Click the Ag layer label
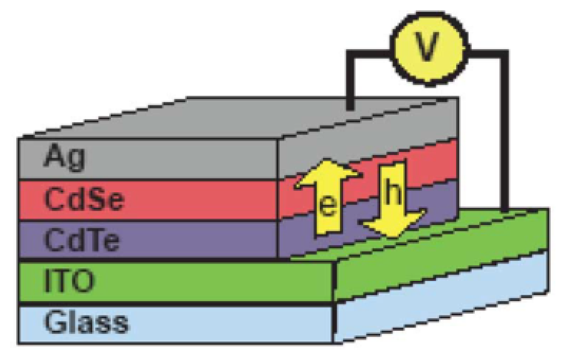point(65,157)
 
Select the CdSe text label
point(84,200)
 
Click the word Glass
point(86,323)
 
